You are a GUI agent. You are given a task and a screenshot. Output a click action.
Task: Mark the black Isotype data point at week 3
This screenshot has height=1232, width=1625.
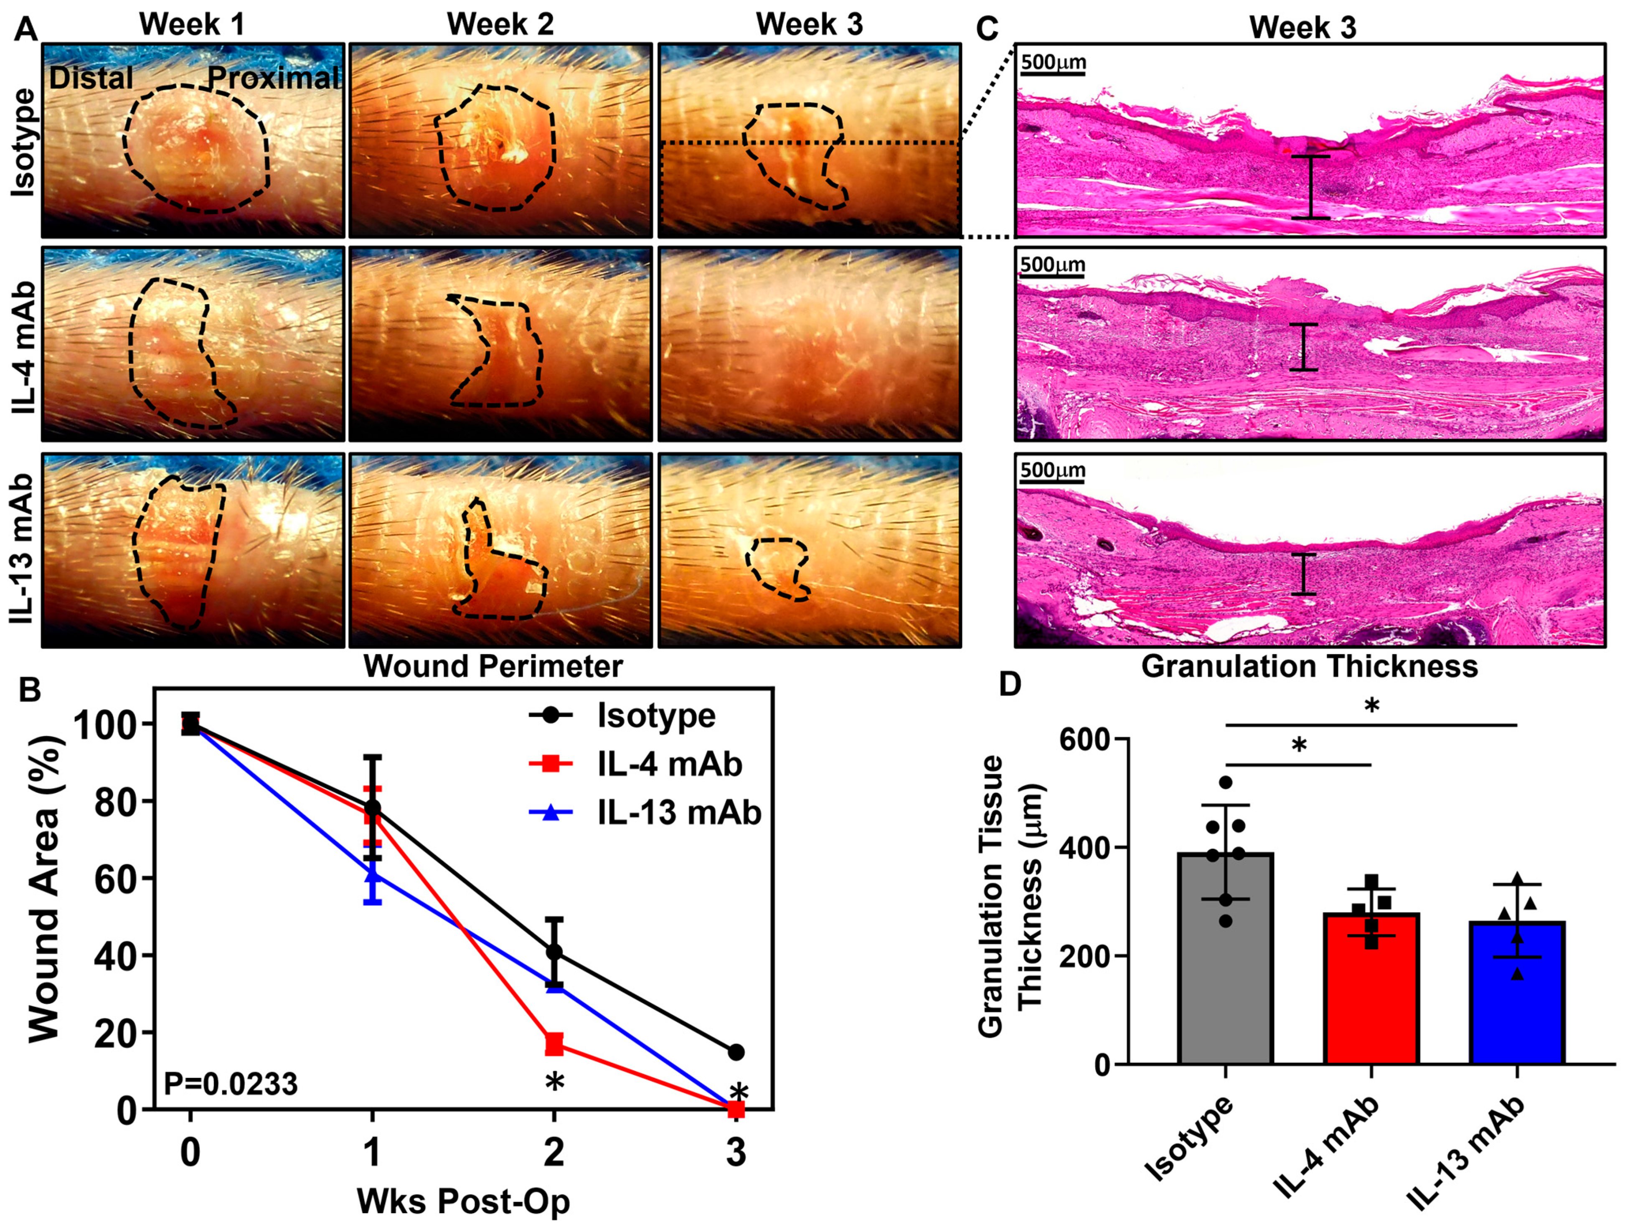click(x=736, y=1052)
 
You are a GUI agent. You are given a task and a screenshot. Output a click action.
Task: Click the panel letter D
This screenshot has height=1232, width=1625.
click(x=1011, y=685)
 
